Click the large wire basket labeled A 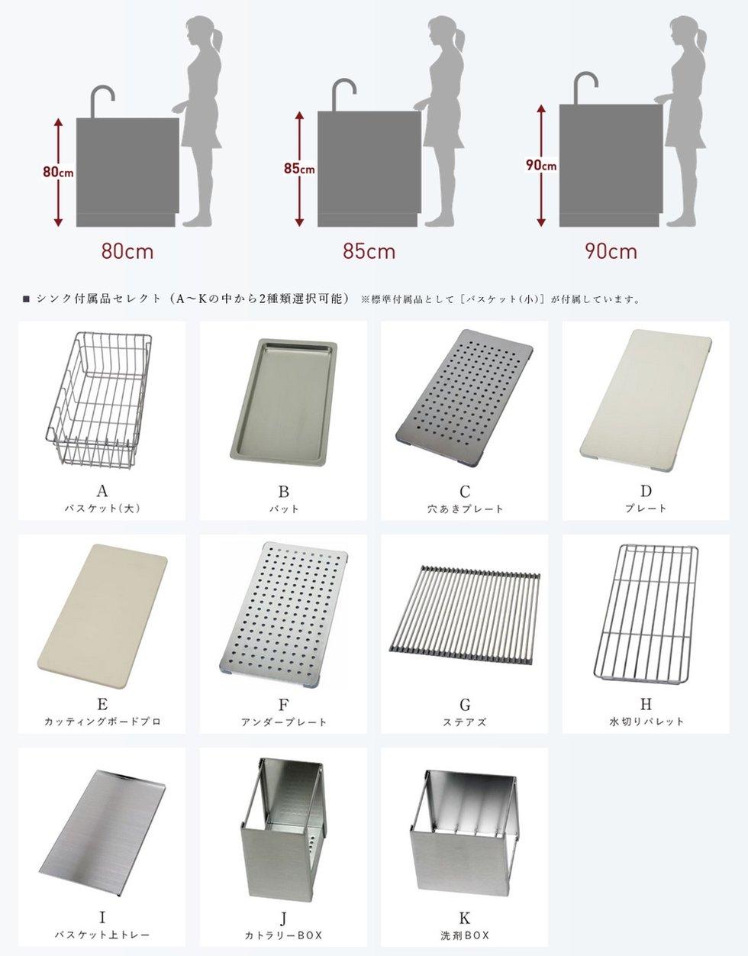click(99, 399)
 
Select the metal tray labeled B click(284, 402)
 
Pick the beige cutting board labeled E click(102, 616)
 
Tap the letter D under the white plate click(646, 491)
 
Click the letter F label click(284, 705)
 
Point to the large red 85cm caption click(369, 252)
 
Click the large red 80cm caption click(127, 252)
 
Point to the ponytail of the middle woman click(459, 40)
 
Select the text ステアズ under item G click(464, 722)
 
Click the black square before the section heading click(26, 299)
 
